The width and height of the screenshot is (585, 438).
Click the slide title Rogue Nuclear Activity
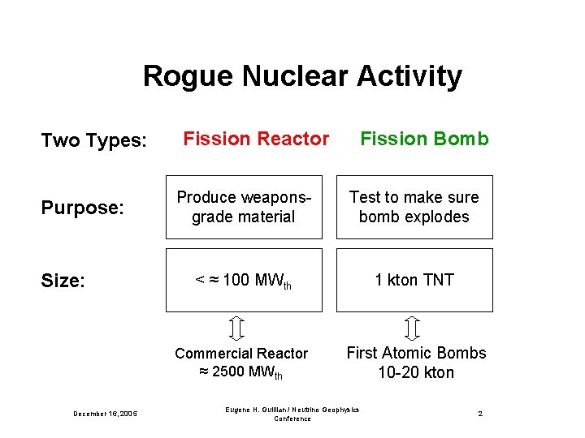pyautogui.click(x=302, y=76)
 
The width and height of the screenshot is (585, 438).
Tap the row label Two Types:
pyautogui.click(x=93, y=141)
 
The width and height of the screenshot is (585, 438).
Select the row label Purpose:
pyautogui.click(x=82, y=208)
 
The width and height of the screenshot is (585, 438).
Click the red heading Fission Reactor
pyautogui.click(x=256, y=139)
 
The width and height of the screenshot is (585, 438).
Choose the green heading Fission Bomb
pyautogui.click(x=424, y=139)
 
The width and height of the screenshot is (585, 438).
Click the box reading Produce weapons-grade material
pyautogui.click(x=244, y=207)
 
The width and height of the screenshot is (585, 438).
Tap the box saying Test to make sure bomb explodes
pyautogui.click(x=414, y=207)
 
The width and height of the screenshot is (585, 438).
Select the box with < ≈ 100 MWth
pyautogui.click(x=244, y=280)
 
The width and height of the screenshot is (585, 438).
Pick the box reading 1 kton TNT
pyautogui.click(x=414, y=280)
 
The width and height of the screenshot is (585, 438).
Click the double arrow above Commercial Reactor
pyautogui.click(x=237, y=328)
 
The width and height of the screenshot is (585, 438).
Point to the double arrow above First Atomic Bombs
pyautogui.click(x=411, y=328)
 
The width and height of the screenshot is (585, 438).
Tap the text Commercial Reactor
pyautogui.click(x=241, y=354)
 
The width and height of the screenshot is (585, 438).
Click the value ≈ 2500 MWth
pyautogui.click(x=241, y=372)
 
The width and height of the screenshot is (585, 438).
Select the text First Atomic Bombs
pyautogui.click(x=416, y=353)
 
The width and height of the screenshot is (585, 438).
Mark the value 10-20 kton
pyautogui.click(x=416, y=372)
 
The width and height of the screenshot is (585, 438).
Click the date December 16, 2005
pyautogui.click(x=106, y=414)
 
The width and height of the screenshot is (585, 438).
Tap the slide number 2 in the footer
pyautogui.click(x=480, y=414)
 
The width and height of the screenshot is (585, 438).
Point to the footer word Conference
pyautogui.click(x=292, y=419)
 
